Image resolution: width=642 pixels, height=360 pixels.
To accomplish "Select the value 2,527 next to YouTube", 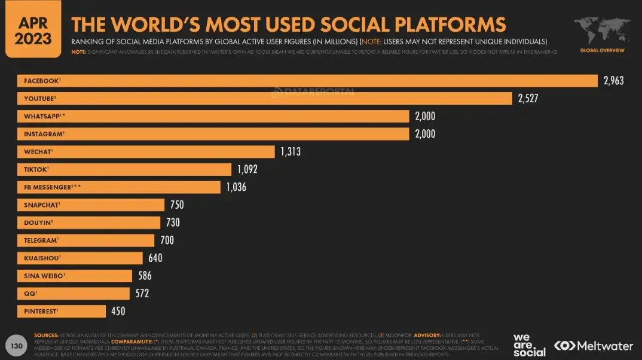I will pyautogui.click(x=528, y=98).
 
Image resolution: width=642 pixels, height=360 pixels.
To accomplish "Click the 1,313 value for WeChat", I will pyautogui.click(x=291, y=152).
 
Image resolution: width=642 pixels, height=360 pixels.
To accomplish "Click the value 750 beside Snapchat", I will pyautogui.click(x=176, y=205).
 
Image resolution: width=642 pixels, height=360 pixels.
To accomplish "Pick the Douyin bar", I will pyautogui.click(x=89, y=222).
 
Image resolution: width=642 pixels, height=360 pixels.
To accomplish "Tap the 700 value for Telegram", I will pyautogui.click(x=167, y=240).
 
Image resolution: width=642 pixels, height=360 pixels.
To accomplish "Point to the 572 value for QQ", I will pyautogui.click(x=142, y=294).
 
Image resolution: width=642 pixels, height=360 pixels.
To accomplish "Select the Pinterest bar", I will pyautogui.click(x=62, y=311).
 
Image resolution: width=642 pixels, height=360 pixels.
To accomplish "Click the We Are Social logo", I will pyautogui.click(x=529, y=345).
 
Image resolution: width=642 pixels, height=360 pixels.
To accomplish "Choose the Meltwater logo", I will pyautogui.click(x=593, y=346).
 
